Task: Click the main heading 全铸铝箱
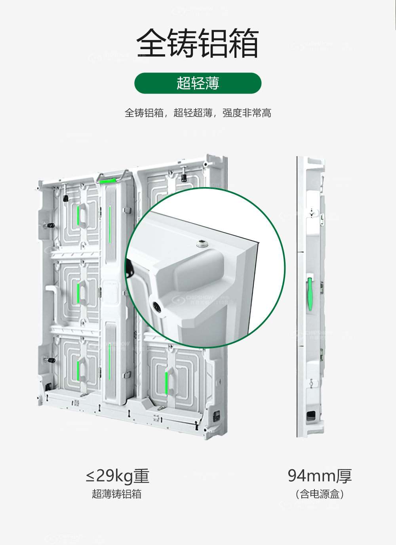[197, 43]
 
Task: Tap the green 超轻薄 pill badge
[198, 83]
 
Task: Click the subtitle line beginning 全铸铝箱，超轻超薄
[198, 113]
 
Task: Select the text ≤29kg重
[118, 476]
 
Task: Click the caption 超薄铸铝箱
[117, 493]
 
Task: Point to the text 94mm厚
[320, 476]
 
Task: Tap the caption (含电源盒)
[320, 494]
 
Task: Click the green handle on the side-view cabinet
[310, 294]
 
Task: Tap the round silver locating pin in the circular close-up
[201, 243]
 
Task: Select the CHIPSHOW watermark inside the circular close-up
[202, 300]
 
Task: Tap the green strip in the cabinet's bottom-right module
[166, 383]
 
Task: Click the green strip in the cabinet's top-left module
[78, 216]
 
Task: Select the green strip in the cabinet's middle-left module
[78, 294]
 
